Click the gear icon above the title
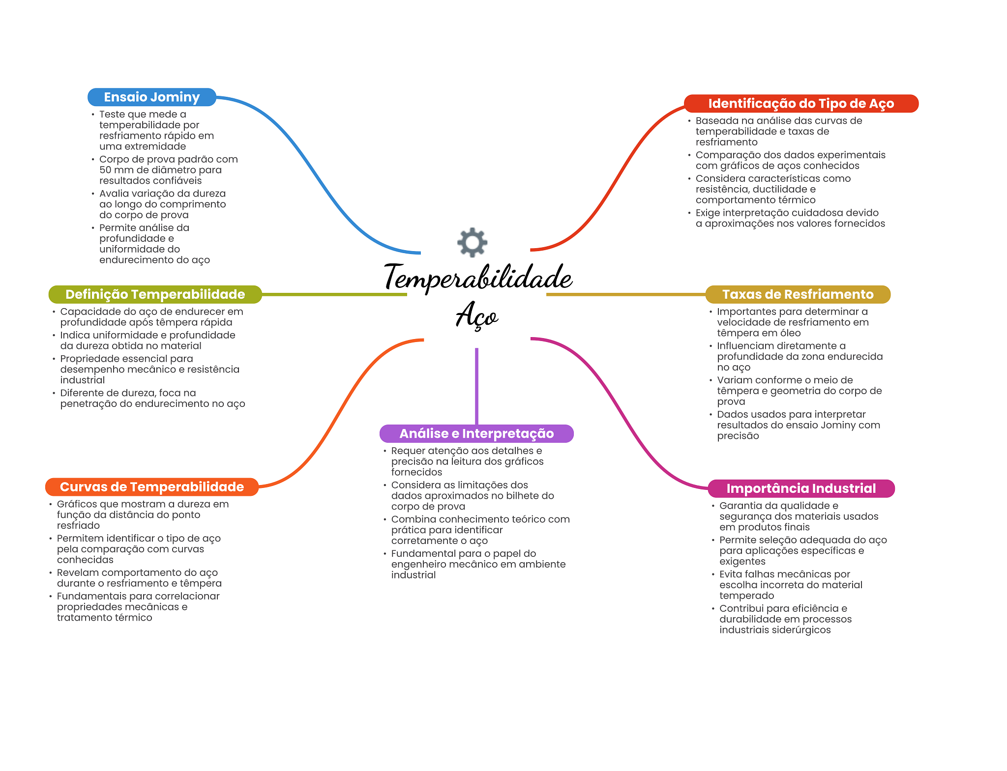pos(472,242)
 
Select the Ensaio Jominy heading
pos(151,97)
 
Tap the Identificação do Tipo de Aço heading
pos(800,104)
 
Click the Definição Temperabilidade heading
pos(155,294)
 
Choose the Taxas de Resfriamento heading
pos(798,294)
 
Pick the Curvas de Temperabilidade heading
pos(151,487)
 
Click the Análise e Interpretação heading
pos(476,433)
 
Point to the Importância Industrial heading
pos(800,488)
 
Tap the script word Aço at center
pos(476,315)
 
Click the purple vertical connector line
pos(476,386)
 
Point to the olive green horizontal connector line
pos(334,294)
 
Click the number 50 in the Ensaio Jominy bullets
pos(106,170)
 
